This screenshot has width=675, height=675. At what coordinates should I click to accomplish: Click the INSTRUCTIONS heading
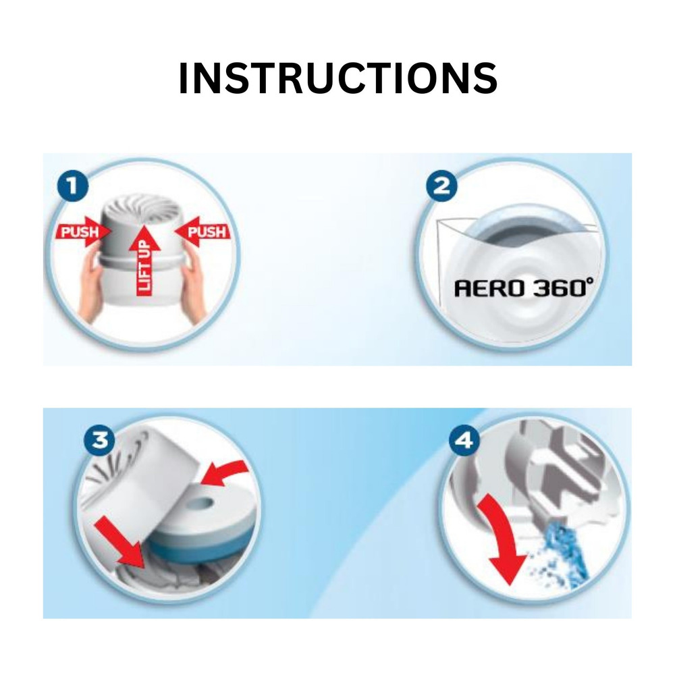[x=338, y=78]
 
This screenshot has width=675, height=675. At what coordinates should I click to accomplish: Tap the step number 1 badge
[x=73, y=186]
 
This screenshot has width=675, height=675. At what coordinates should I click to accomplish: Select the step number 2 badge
[x=441, y=186]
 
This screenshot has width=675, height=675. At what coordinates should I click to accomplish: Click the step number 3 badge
[x=99, y=440]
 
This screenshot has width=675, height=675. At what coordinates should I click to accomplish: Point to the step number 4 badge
[x=464, y=440]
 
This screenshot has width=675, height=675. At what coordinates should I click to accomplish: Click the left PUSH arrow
[x=83, y=232]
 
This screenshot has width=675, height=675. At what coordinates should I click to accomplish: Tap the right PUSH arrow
[x=202, y=232]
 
